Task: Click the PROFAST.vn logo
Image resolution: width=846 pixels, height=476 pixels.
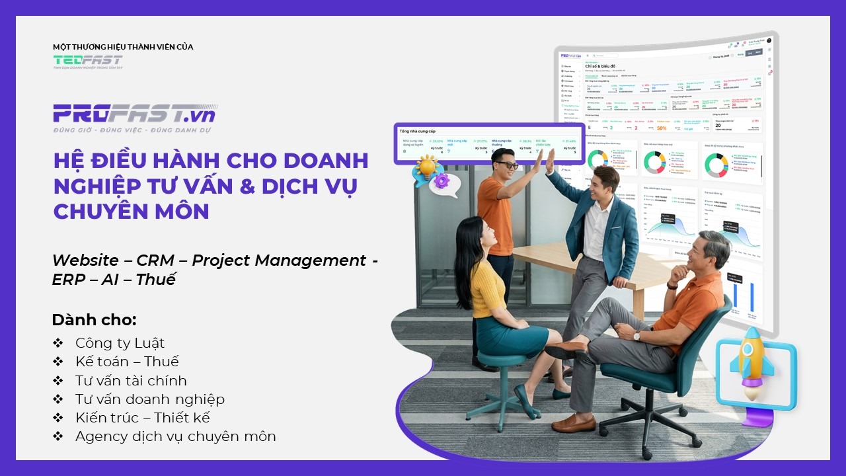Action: point(134,114)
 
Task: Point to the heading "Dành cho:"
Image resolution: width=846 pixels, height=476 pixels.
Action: point(94,320)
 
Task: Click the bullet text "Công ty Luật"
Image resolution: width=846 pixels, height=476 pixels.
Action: point(120,343)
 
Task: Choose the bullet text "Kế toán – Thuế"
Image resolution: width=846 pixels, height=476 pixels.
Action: point(127,362)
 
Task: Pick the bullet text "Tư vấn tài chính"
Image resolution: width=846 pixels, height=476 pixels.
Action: point(131,381)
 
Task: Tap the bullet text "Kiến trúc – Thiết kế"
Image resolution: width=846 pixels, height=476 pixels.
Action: point(142,418)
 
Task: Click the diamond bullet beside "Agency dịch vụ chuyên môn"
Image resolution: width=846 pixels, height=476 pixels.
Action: point(58,436)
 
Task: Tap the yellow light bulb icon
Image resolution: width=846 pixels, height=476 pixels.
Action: point(426,167)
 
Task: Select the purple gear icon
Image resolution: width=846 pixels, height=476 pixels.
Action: point(442,180)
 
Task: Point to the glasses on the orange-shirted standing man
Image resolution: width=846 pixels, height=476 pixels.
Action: point(507,164)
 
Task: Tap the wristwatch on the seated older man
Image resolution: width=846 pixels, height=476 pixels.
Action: point(636,336)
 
